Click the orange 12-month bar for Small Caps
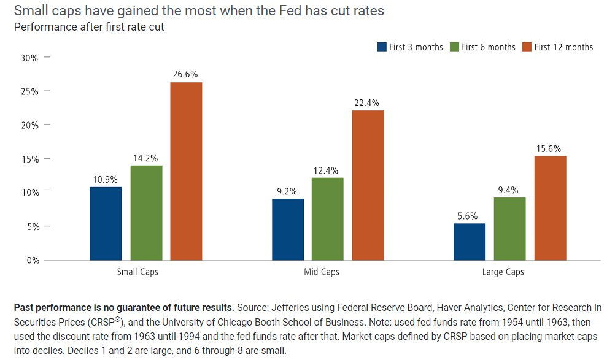coord(186,171)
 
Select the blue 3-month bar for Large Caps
coord(470,242)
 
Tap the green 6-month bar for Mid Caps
coord(327,219)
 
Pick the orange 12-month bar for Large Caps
coord(551,208)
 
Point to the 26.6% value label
coord(186,74)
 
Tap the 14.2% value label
coord(146,158)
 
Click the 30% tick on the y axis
coord(30,58)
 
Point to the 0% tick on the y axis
coord(33,260)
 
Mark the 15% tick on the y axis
coord(30,159)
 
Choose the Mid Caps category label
coord(322,272)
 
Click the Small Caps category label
coord(137,272)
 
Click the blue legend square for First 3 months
coord(381,47)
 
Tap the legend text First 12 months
coord(563,47)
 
